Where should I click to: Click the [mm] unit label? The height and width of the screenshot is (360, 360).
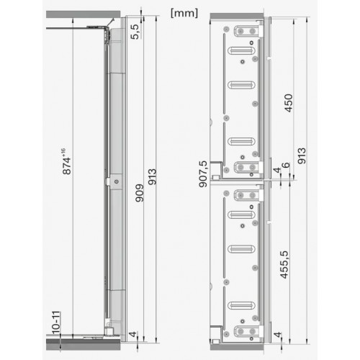coord(184,13)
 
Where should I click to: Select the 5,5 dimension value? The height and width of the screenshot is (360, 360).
coord(135,32)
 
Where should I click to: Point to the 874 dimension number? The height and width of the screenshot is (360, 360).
coord(67,166)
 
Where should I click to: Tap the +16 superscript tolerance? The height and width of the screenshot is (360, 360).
coord(63,152)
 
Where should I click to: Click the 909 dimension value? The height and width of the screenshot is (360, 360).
coord(140,193)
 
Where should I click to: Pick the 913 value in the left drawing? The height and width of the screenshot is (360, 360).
coord(152,177)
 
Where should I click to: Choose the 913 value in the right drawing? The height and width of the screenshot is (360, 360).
coord(302,156)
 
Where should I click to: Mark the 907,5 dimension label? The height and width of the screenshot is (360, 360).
coord(203,174)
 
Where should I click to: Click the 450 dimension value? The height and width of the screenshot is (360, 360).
coord(289,103)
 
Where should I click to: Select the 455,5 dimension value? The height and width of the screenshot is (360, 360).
coord(284,265)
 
